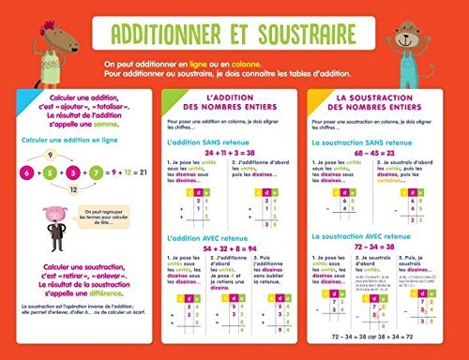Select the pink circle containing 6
[27, 174]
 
